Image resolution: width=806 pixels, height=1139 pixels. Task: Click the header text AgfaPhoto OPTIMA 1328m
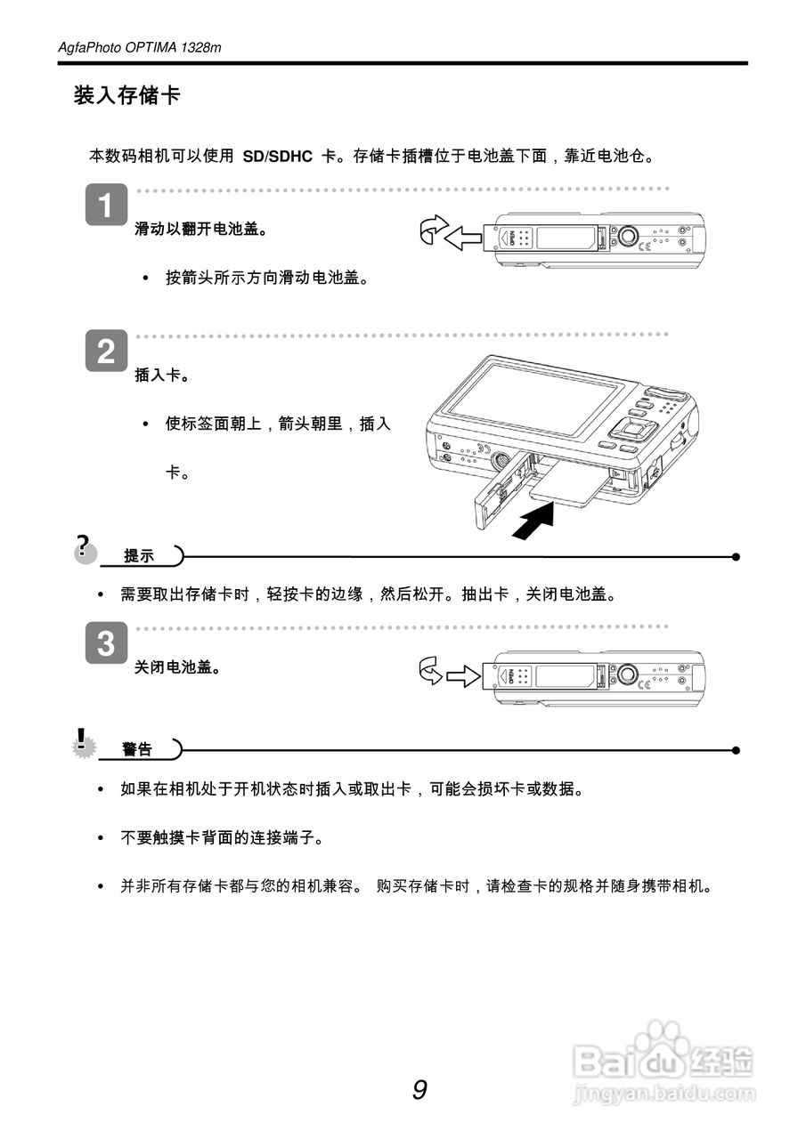[x=139, y=47]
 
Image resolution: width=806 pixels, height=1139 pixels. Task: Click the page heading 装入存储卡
[x=126, y=96]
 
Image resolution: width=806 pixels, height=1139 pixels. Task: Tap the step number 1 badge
[x=105, y=206]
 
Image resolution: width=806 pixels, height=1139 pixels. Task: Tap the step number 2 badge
[x=105, y=352]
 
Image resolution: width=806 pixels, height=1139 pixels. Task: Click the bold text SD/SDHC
[x=277, y=157]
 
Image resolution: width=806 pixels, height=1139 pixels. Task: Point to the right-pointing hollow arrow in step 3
[x=463, y=677]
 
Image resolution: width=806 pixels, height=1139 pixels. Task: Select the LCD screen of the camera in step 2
[x=534, y=400]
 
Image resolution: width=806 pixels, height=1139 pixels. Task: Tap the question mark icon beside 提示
[x=85, y=548]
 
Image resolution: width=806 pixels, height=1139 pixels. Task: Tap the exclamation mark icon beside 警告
[x=83, y=742]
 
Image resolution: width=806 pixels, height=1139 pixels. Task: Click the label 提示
[x=138, y=556]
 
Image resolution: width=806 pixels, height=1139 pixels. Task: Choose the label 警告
[x=137, y=749]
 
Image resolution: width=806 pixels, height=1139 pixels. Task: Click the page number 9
[x=419, y=1089]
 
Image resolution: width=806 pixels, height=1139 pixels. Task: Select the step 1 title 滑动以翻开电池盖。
[x=201, y=230]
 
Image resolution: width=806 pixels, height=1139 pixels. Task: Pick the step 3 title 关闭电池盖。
[x=177, y=667]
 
